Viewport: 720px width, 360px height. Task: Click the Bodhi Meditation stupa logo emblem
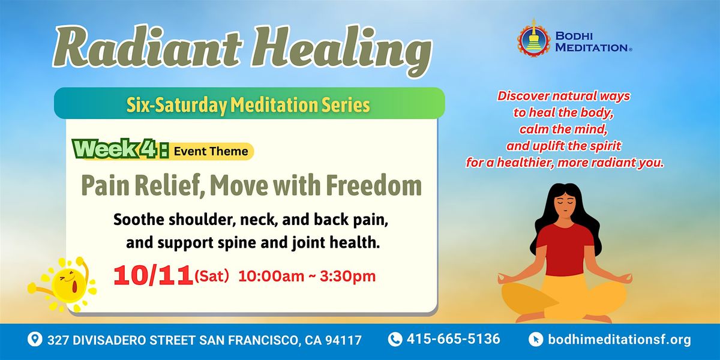[533, 38]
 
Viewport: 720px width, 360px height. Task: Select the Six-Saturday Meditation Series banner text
[248, 105]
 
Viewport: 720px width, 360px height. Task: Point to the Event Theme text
[211, 151]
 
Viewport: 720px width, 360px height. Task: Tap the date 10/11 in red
[154, 276]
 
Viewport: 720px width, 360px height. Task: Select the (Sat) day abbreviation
[212, 277]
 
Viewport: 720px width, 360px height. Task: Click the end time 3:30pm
[347, 277]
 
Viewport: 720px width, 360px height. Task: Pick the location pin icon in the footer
[35, 340]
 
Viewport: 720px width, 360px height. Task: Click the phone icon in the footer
[395, 339]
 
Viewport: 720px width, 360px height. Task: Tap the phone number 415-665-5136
[454, 339]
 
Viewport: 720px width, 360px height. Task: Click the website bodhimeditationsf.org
[619, 340]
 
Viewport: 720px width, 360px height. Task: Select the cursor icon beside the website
[536, 340]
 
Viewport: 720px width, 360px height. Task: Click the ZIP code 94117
[344, 340]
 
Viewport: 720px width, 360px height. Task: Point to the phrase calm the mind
[563, 129]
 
